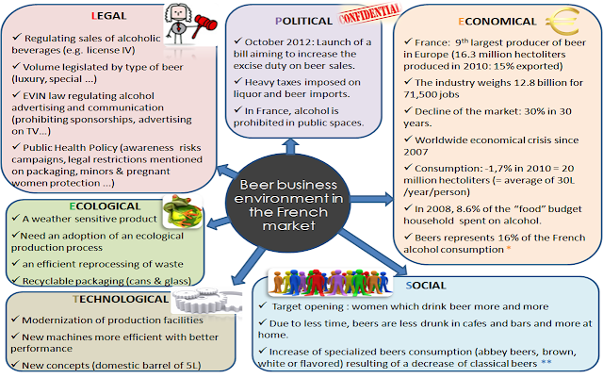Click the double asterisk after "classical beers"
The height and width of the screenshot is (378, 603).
tap(546, 363)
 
